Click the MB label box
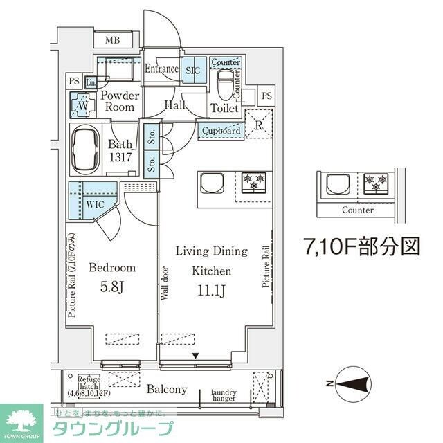[113, 41]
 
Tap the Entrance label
[161, 69]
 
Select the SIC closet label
[192, 69]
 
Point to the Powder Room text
[119, 102]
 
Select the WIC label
[94, 206]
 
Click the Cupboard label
[221, 131]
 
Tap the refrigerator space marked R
[257, 126]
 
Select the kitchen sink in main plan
[211, 183]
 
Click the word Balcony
[166, 390]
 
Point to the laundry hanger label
[224, 395]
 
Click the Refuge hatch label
[90, 382]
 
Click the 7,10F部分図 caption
[362, 246]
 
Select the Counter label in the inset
[357, 210]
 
